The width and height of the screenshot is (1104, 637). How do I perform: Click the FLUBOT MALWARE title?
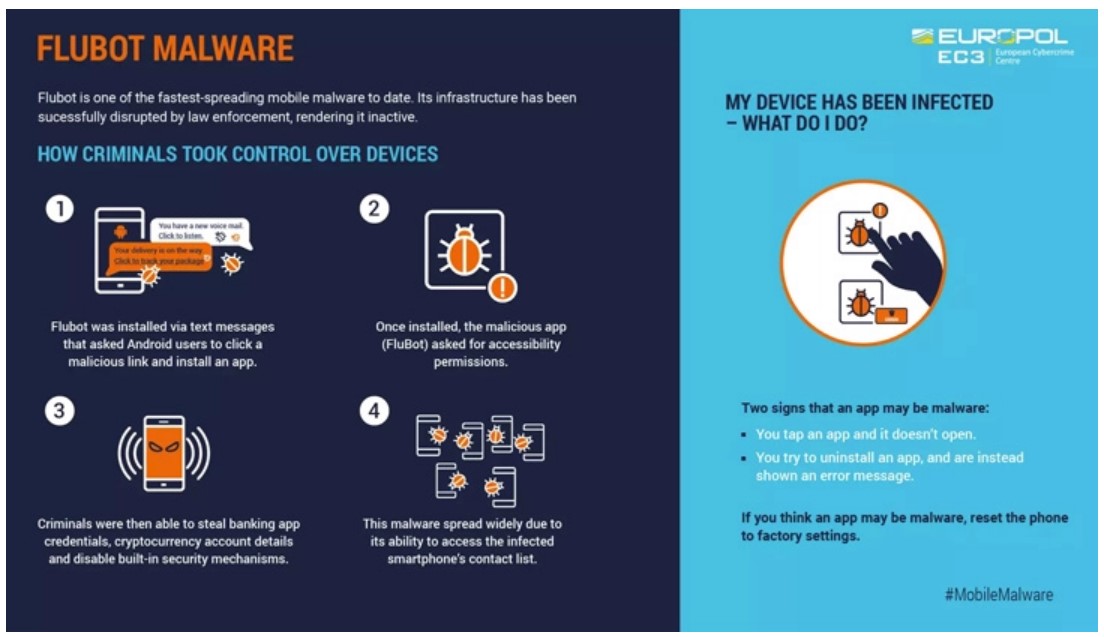click(165, 48)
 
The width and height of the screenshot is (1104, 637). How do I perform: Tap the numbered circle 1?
click(61, 209)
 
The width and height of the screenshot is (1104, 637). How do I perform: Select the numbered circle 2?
click(374, 210)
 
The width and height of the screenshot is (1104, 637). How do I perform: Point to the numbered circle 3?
click(61, 411)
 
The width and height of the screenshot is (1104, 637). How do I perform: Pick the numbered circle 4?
click(374, 412)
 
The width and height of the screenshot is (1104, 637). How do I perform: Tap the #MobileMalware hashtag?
click(998, 595)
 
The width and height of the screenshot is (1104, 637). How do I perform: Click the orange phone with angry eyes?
click(165, 453)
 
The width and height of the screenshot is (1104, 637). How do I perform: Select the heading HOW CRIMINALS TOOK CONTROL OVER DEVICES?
click(237, 154)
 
